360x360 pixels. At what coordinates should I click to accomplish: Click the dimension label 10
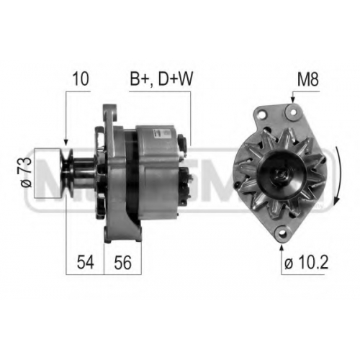[x=81, y=79]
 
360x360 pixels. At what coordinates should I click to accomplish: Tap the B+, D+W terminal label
[x=161, y=79]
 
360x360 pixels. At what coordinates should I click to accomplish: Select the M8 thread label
[x=308, y=79]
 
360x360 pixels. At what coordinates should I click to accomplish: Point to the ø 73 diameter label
[x=27, y=172]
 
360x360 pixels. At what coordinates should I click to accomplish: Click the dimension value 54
[x=85, y=262]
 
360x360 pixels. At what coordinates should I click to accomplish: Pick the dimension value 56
[x=122, y=262]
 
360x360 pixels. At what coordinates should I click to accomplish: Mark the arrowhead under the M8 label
[x=292, y=100]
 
